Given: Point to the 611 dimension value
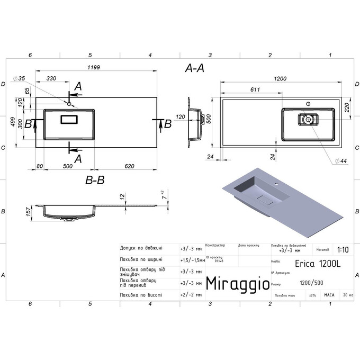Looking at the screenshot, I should coord(254,89).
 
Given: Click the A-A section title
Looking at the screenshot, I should coord(195,68).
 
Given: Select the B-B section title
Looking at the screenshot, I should coord(95,180).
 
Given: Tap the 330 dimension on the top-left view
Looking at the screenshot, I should coord(52,78).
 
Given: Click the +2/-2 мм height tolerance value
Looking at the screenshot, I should coord(191,294).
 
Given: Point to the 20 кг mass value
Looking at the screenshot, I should coord(348,294).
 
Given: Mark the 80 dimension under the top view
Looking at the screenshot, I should coord(40,166).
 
